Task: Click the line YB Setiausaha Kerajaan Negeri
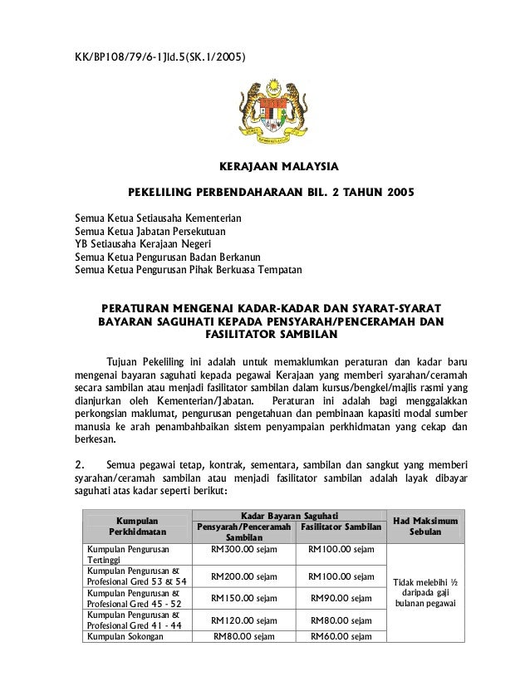pos(143,244)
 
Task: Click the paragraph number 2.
pos(80,464)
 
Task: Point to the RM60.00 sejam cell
pos(341,637)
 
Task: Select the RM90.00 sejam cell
pos(341,598)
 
